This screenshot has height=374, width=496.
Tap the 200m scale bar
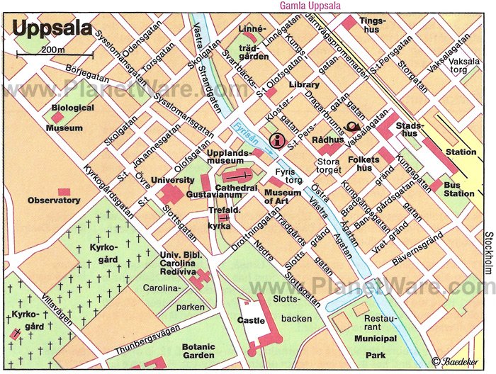[55, 54]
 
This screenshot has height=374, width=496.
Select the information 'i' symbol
[278, 138]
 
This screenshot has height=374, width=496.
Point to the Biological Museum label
[70, 118]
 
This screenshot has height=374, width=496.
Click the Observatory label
[54, 200]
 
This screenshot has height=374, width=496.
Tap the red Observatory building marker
[64, 191]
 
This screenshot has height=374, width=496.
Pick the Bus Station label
[458, 189]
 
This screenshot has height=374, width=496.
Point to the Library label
[304, 85]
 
